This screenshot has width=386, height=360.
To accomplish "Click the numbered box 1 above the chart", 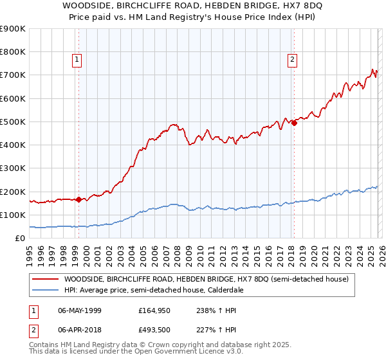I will (77, 60).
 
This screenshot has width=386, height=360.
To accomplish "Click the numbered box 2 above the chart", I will (292, 60).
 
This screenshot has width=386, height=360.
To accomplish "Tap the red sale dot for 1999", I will (78, 199).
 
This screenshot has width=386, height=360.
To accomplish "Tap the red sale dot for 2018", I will (294, 123).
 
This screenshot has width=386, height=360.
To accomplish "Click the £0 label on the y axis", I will (19, 239).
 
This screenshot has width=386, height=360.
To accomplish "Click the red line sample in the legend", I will (45, 280).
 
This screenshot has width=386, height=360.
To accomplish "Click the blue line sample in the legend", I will (45, 291).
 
